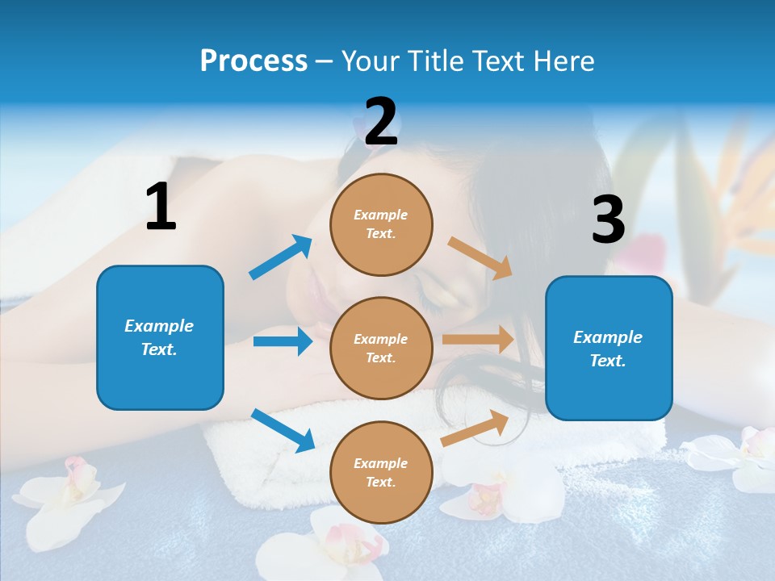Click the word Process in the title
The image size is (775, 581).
coord(253,61)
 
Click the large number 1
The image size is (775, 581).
coord(161,207)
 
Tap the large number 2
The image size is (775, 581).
coord(381,122)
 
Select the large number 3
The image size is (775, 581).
coord(608,219)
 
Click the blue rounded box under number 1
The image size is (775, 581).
coord(160,337)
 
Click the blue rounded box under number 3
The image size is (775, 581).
coord(609,349)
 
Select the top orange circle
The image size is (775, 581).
coord(381,224)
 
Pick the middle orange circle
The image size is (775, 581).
coord(381,348)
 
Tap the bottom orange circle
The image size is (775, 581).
coord(381,472)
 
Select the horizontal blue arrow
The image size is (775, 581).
coord(283,341)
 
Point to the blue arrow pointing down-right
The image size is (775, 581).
coord(283,430)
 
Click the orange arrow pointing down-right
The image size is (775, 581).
coord(480,257)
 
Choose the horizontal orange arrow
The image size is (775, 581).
coord(478,340)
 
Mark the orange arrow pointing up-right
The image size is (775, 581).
coord(475,428)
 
